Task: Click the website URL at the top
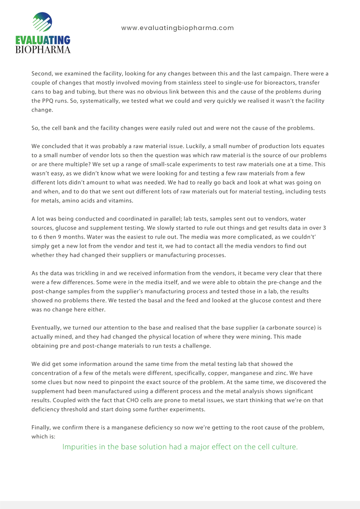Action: [177, 28]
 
